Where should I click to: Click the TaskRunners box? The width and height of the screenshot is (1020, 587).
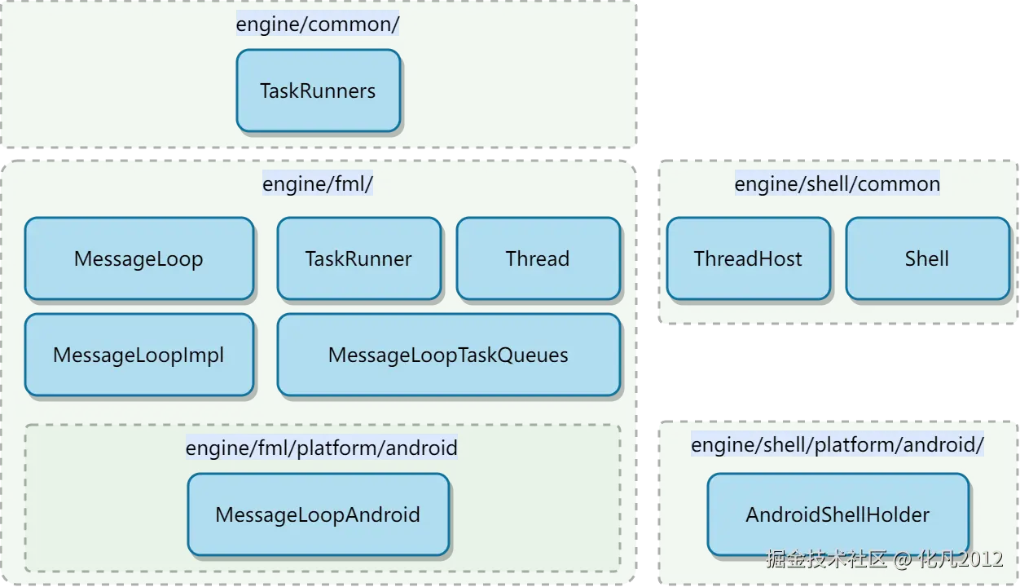[x=319, y=90]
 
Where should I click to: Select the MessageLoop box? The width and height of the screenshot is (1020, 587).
[x=139, y=258]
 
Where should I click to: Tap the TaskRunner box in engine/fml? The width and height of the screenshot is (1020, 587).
[x=358, y=258]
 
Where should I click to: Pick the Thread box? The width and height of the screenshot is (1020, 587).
[x=539, y=258]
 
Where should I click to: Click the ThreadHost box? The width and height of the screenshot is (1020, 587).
[x=748, y=258]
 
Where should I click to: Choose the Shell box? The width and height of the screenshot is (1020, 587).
[x=928, y=258]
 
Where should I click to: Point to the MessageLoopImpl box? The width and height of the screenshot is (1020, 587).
[x=139, y=355]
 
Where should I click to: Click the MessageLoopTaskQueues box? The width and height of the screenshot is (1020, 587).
[x=449, y=355]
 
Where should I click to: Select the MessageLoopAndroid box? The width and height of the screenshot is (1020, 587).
[x=319, y=514]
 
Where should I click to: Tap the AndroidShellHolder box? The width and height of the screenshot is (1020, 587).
[x=838, y=514]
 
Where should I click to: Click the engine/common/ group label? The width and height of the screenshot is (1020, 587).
[x=318, y=24]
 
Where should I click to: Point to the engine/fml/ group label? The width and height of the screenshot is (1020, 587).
[x=318, y=183]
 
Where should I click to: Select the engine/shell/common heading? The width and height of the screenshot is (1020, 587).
[x=837, y=183]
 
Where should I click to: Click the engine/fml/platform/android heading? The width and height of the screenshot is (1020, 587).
[x=322, y=447]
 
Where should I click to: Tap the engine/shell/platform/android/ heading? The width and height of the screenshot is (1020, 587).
[x=838, y=444]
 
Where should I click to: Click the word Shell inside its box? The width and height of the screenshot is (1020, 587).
[x=926, y=258]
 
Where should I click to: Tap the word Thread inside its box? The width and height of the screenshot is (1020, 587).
[x=538, y=258]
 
